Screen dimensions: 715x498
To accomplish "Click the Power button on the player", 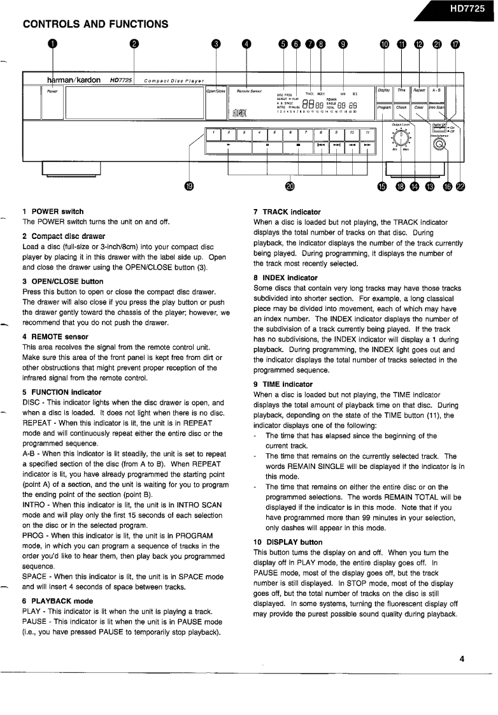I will (x=51, y=102).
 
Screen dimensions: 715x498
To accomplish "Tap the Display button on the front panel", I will (x=383, y=90).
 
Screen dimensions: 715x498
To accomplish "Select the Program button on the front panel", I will (x=383, y=107).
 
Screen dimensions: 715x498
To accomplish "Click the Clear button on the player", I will (x=419, y=107).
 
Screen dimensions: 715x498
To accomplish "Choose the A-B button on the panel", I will (x=437, y=90).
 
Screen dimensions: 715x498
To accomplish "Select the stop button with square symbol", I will (x=298, y=147).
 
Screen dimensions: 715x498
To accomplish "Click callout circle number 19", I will (x=189, y=186).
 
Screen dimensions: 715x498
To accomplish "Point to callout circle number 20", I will (x=290, y=186).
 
